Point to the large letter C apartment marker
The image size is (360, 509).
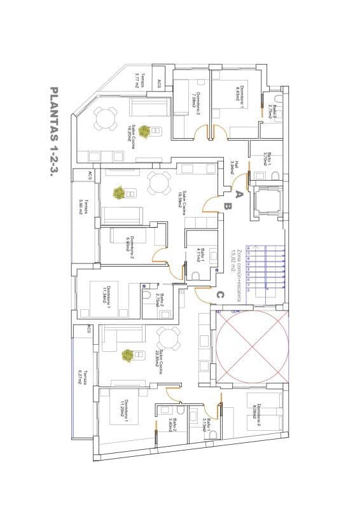click(219, 295)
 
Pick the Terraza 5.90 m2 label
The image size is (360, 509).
click(82, 207)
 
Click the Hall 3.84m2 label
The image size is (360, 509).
click(234, 167)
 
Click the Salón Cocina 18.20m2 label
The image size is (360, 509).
click(133, 131)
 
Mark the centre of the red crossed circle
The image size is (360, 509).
click(253, 347)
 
